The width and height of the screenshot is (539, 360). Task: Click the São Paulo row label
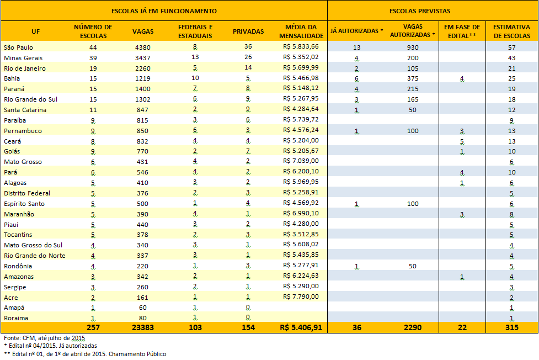[19, 47]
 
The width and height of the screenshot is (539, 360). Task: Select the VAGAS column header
[143, 31]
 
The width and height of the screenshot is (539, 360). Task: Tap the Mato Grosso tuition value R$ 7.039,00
[301, 161]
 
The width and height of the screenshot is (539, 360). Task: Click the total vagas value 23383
[143, 327]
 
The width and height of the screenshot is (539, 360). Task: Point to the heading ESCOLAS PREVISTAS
[420, 11]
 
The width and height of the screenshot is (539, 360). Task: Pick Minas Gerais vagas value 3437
[143, 58]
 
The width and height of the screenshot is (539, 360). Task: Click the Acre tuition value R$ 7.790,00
[301, 297]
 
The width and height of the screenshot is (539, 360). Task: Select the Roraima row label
[16, 318]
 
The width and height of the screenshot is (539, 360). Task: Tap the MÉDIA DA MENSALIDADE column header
[301, 31]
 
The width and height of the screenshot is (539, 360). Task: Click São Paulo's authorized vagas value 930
[413, 47]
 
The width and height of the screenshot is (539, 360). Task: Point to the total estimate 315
[512, 327]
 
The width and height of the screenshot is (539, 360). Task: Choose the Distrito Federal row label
[27, 193]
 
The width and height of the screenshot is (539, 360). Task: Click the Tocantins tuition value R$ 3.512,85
[301, 234]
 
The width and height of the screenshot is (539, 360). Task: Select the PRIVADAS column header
[248, 31]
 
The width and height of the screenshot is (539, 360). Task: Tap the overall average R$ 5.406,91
[301, 327]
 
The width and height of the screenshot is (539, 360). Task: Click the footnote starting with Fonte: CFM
[44, 338]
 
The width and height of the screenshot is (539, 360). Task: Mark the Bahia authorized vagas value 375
[413, 78]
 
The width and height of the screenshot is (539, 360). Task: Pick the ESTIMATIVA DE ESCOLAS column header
[512, 31]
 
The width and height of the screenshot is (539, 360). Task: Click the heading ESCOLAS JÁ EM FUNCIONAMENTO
[164, 11]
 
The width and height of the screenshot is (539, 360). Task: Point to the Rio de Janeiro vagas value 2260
[143, 68]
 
